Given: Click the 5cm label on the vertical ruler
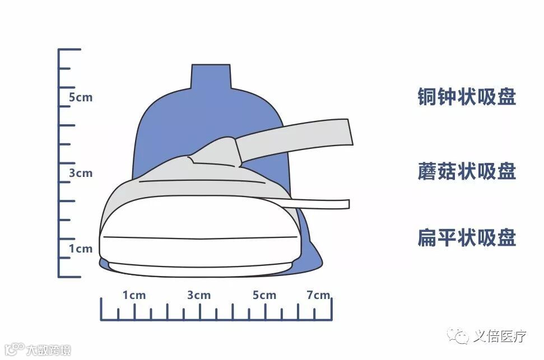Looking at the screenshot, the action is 81,97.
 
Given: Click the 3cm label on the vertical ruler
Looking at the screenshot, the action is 81,173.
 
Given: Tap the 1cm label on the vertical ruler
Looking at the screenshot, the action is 81,249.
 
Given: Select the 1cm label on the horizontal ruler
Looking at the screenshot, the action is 134,295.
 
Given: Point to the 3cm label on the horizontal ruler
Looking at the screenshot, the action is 199,295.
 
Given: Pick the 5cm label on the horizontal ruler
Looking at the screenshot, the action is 264,295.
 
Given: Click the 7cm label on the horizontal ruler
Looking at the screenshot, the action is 318,295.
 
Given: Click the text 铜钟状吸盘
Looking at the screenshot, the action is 466,97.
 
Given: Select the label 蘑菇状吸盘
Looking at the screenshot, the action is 466,171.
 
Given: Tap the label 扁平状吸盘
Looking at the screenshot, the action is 466,238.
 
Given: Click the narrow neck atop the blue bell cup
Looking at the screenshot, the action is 211,76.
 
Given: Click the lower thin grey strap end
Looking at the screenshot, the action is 336,204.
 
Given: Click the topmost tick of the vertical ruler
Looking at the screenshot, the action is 69,50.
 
